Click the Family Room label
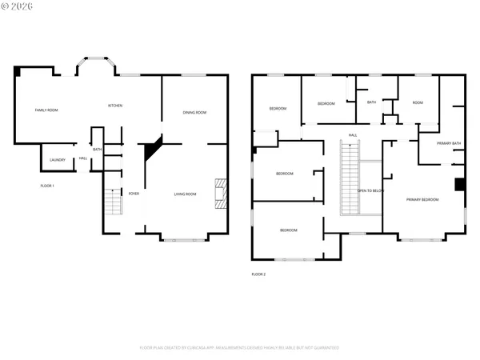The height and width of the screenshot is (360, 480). (x=46, y=110)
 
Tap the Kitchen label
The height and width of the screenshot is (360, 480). (x=115, y=106)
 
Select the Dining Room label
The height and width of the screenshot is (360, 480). (x=194, y=112)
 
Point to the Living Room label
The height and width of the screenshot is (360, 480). (x=186, y=194)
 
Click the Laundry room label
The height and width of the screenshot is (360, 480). (x=58, y=160)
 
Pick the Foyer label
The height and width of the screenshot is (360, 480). (x=134, y=194)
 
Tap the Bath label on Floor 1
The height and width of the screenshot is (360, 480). (x=98, y=150)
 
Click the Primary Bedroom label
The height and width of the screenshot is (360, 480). (x=422, y=199)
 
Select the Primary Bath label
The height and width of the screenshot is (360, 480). (x=449, y=143)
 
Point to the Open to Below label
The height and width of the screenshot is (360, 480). (x=370, y=190)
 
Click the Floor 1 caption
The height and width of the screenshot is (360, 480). (x=47, y=186)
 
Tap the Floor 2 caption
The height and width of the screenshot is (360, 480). (x=258, y=274)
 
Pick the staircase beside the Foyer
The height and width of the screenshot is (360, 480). (x=114, y=203)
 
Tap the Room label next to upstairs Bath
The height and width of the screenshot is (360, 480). (x=417, y=102)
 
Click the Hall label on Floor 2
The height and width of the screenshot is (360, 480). (x=352, y=135)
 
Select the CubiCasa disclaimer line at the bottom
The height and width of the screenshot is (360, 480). (x=239, y=348)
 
